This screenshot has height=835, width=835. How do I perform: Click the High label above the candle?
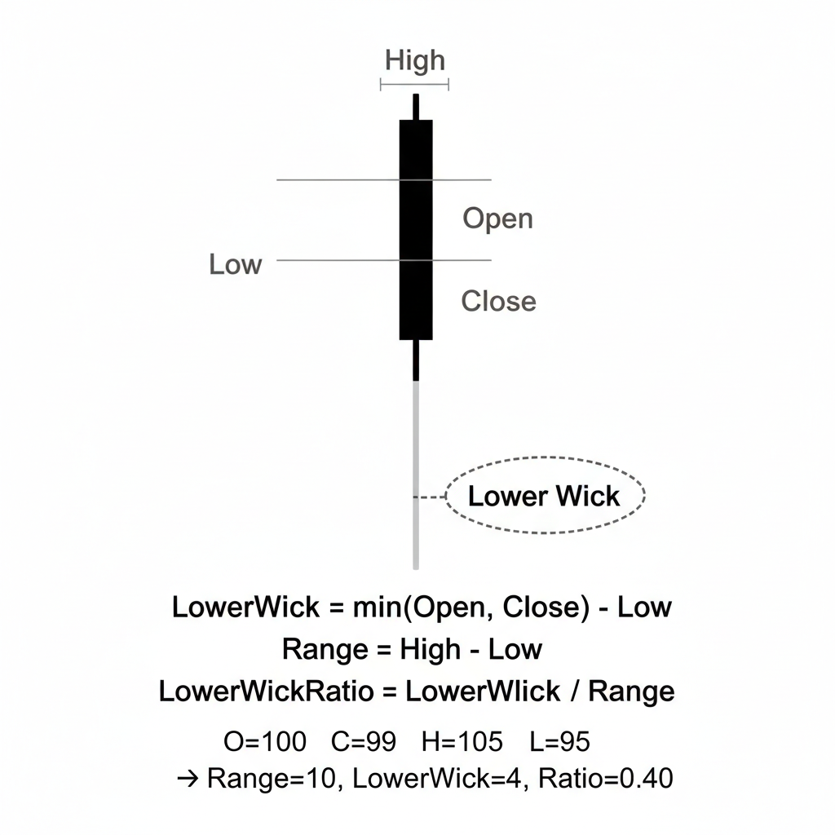coord(415,60)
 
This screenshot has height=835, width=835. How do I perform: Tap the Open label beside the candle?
coord(497,219)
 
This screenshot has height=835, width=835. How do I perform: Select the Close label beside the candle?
coord(498,301)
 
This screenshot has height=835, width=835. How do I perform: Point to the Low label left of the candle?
coord(235,264)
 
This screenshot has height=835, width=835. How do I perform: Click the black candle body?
coord(416,228)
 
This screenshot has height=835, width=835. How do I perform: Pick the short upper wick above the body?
coord(416,107)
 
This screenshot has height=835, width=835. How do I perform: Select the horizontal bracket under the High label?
coord(415,84)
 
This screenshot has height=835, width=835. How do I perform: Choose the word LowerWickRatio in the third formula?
coord(265,691)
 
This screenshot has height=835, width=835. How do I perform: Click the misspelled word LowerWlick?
coord(483,691)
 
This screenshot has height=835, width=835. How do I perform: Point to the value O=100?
coord(265,742)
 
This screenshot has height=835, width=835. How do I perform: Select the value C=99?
coord(364,742)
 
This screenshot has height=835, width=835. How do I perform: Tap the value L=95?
coord(559,742)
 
